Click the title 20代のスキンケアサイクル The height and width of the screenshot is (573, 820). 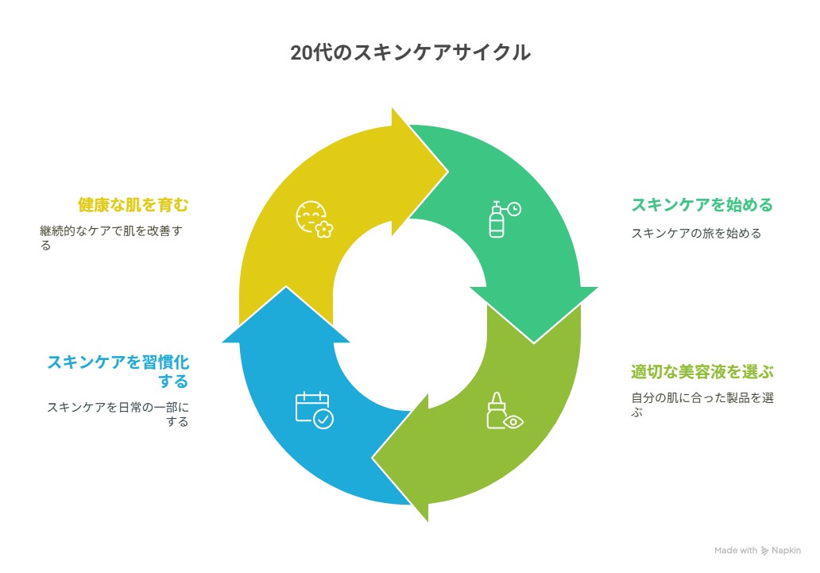pyautogui.click(x=411, y=52)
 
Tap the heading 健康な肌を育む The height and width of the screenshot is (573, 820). pyautogui.click(x=133, y=204)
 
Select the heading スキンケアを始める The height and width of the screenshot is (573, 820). pyautogui.click(x=702, y=204)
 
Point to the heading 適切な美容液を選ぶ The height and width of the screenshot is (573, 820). pyautogui.click(x=702, y=372)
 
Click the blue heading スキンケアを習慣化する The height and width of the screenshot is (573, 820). pyautogui.click(x=118, y=371)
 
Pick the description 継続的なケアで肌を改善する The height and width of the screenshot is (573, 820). pyautogui.click(x=111, y=238)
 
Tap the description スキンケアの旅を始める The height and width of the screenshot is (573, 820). pyautogui.click(x=696, y=233)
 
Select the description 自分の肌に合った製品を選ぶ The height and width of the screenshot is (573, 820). pyautogui.click(x=702, y=405)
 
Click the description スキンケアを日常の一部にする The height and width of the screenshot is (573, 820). pyautogui.click(x=118, y=414)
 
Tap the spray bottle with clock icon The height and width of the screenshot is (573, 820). pyautogui.click(x=505, y=219)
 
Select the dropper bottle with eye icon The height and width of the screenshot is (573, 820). pyautogui.click(x=505, y=411)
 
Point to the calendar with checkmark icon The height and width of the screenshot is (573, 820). pyautogui.click(x=315, y=411)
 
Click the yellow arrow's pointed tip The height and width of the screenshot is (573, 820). pyautogui.click(x=447, y=171)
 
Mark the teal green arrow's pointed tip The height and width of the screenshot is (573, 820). pyautogui.click(x=533, y=343)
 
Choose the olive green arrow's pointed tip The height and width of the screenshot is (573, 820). pyautogui.click(x=373, y=459)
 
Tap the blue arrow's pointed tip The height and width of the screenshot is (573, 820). pyautogui.click(x=286, y=287)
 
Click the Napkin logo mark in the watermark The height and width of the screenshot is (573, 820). pyautogui.click(x=764, y=551)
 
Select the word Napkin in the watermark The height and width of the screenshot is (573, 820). pyautogui.click(x=786, y=551)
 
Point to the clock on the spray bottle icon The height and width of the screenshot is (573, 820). pyautogui.click(x=515, y=209)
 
